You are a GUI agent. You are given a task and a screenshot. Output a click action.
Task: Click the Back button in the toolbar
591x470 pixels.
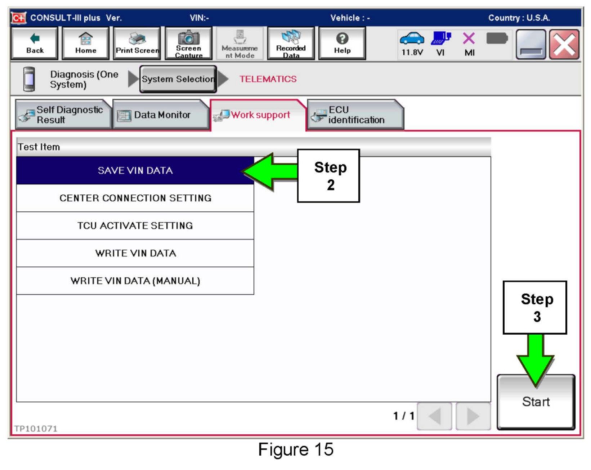[x=35, y=44]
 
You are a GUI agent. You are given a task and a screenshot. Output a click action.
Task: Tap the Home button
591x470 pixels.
[x=86, y=44]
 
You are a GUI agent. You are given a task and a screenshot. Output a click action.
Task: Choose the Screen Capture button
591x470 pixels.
[x=188, y=44]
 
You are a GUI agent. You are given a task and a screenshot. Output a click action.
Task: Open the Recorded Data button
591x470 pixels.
[x=291, y=44]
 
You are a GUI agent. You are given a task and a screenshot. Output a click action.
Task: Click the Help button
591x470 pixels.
[x=342, y=44]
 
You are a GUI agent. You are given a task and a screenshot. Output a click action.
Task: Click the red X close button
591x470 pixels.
[x=564, y=45]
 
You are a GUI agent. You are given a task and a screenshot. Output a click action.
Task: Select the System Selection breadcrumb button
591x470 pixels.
[x=178, y=79]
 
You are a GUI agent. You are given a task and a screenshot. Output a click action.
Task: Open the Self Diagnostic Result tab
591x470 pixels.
[x=63, y=115]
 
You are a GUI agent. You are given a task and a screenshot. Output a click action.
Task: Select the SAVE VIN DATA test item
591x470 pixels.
[x=135, y=170]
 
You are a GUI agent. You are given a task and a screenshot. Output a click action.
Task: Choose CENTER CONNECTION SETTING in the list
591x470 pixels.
[x=135, y=198]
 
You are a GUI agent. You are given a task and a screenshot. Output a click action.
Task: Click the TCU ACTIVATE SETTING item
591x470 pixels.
[x=135, y=226]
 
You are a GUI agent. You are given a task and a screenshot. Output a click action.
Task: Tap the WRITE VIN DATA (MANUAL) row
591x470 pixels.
[x=135, y=281]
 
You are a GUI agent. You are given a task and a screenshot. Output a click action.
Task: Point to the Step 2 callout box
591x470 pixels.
[x=328, y=176]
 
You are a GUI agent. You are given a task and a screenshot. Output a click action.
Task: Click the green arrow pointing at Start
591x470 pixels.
[x=536, y=360]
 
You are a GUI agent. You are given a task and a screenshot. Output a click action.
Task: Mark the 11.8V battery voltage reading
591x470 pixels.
[x=412, y=53]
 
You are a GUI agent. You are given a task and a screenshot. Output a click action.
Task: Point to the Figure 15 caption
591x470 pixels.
[x=296, y=450]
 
